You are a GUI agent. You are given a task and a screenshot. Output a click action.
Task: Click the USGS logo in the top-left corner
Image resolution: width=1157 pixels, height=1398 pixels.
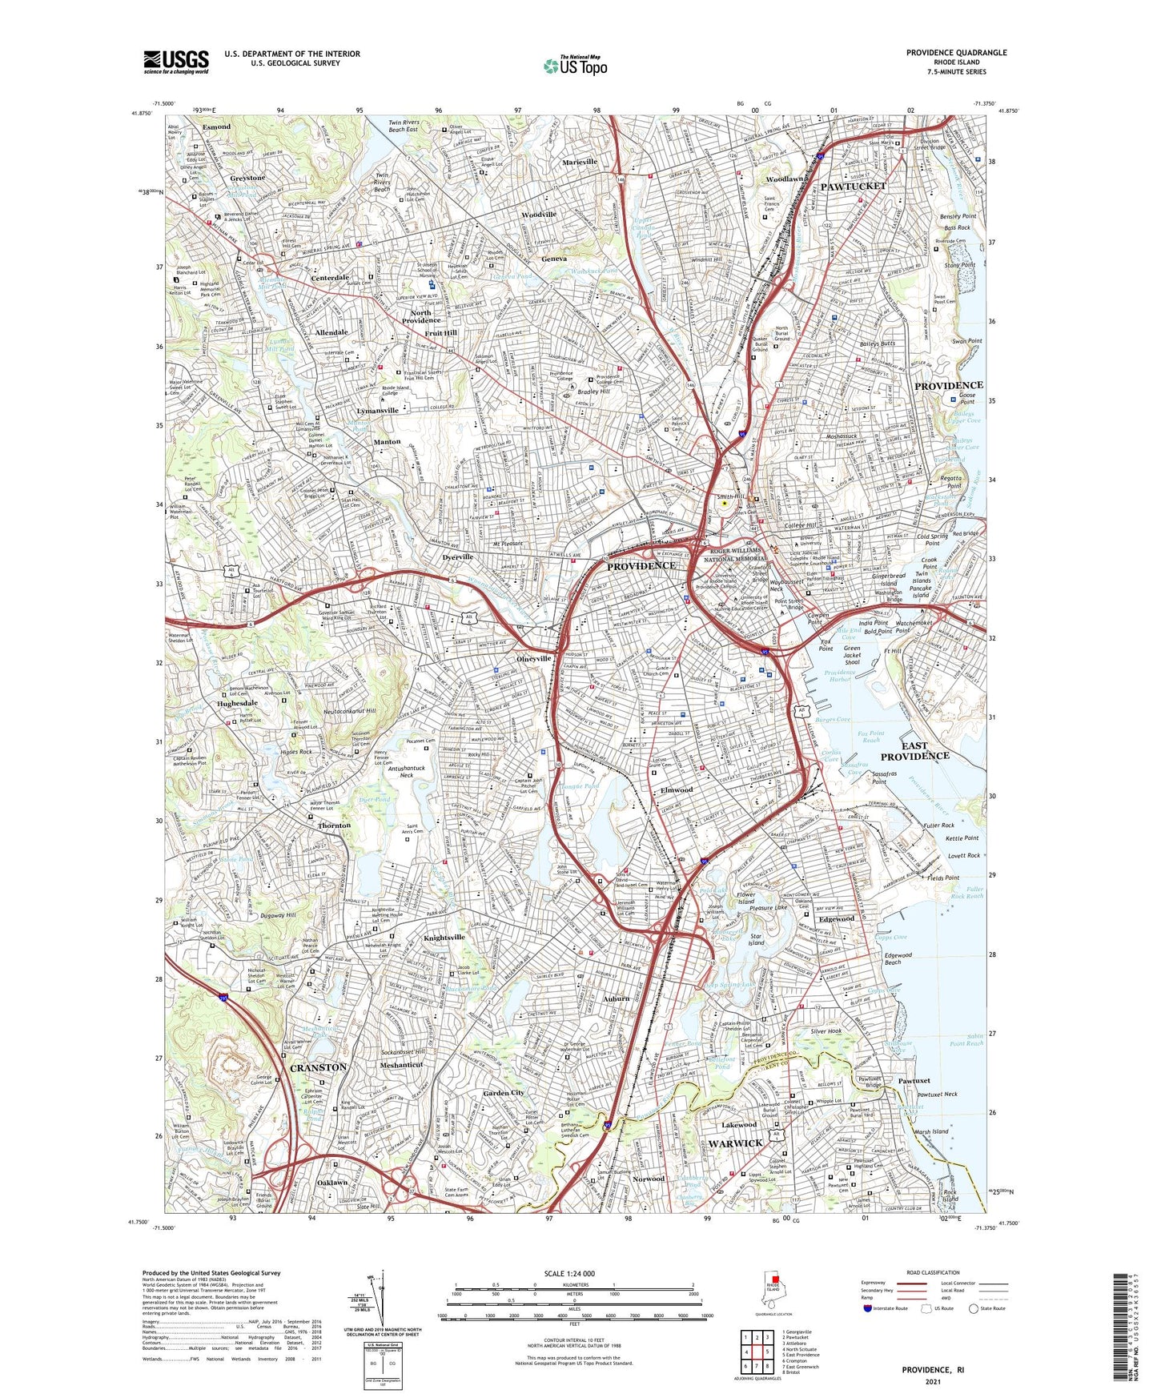point(176,61)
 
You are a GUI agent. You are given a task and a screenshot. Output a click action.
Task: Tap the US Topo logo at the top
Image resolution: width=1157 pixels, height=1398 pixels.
point(574,66)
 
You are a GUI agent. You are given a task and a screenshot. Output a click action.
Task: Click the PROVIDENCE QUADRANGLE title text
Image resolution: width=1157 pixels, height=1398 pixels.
point(956,53)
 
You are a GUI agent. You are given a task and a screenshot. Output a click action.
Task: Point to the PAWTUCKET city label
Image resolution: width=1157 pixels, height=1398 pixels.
point(853,186)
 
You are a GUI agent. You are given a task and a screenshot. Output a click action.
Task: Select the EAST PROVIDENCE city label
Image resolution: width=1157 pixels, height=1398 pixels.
point(914,750)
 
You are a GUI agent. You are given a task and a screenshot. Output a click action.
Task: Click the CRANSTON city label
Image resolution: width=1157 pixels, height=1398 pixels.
point(318,1067)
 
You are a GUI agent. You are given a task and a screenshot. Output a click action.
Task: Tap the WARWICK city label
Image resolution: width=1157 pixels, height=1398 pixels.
point(735,1143)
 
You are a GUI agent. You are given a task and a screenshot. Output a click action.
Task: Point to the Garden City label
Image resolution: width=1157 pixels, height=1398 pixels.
point(503,1093)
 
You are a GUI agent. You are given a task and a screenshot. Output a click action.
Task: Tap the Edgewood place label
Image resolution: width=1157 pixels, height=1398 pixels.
point(837,918)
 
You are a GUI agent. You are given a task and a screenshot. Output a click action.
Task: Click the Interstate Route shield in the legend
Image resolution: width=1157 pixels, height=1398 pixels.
point(868,1308)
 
